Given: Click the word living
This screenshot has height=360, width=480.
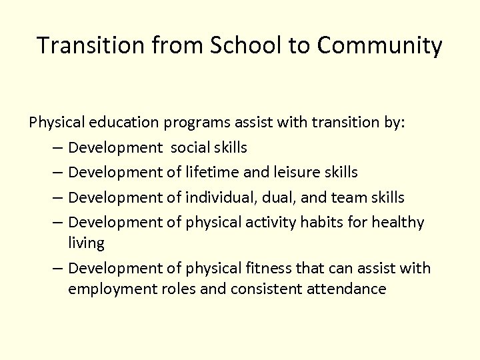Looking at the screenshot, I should coord(86,243).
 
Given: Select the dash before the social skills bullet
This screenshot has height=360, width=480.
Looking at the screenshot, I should coord(56,147).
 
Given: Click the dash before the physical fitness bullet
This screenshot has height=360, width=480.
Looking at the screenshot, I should coord(56,268).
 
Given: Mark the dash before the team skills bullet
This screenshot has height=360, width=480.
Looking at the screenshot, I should coord(56,197).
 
